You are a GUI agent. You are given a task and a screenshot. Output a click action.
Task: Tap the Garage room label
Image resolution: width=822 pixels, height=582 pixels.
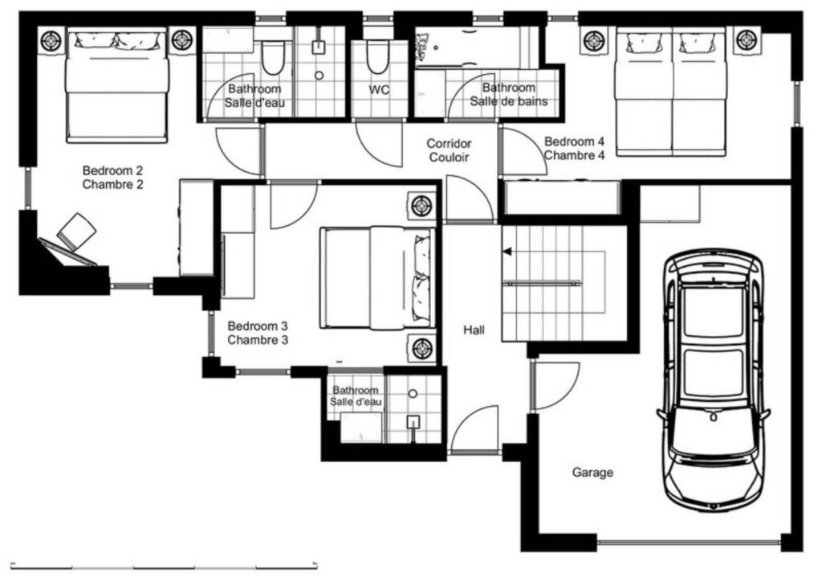[x=592, y=473]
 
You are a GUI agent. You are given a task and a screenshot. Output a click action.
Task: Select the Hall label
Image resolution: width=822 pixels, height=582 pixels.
[x=474, y=330]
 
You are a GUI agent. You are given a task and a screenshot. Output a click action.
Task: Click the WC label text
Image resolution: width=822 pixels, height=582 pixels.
[x=379, y=90]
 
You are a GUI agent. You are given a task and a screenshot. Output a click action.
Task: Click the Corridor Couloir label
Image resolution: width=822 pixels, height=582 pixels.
[x=449, y=150]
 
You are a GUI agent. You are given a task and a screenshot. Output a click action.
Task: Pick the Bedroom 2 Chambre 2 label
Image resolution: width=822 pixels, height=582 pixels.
[x=112, y=178]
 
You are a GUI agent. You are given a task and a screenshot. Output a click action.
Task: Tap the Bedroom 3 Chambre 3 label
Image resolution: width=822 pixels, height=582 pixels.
[x=258, y=333]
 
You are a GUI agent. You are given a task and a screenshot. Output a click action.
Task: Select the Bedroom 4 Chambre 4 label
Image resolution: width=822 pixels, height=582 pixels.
[x=574, y=148]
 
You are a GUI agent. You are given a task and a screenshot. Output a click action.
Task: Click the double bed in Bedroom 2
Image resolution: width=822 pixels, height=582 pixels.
[x=117, y=85]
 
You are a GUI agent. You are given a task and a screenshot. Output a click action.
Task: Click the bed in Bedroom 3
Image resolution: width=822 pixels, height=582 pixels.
[x=377, y=277]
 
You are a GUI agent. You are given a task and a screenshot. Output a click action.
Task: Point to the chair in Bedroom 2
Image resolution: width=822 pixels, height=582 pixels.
[x=76, y=232]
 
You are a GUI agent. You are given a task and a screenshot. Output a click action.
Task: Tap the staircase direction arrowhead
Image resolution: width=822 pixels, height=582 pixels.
[x=507, y=252]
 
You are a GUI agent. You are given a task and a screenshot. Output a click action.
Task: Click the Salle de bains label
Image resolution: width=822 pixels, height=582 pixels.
[x=508, y=100]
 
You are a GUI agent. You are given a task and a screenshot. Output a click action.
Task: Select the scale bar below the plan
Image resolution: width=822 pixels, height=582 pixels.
[x=165, y=566]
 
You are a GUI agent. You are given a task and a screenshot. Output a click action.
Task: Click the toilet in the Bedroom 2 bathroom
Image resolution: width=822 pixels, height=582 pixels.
[x=272, y=57]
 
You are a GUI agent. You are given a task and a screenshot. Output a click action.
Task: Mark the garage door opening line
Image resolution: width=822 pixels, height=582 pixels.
[x=688, y=542]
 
